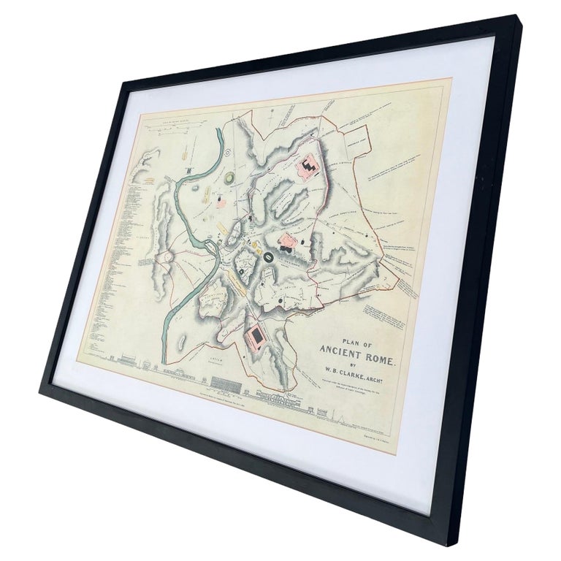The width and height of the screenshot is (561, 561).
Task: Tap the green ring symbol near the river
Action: click(x=229, y=178)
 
